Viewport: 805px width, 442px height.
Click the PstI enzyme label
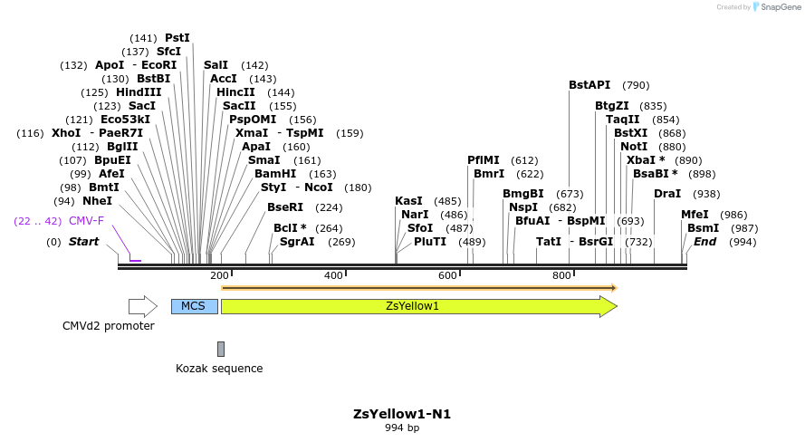click(x=177, y=38)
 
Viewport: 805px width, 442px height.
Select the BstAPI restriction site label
click(x=589, y=85)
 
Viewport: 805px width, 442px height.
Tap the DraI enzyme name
click(x=667, y=194)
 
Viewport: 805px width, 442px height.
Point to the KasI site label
click(x=409, y=201)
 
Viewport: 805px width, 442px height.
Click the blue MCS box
click(x=194, y=306)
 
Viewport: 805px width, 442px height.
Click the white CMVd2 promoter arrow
click(x=142, y=306)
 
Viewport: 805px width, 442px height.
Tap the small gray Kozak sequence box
click(x=220, y=349)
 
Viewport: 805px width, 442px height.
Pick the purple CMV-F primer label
click(x=86, y=221)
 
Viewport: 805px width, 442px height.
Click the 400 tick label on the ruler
click(x=333, y=275)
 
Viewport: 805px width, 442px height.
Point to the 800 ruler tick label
click(x=561, y=275)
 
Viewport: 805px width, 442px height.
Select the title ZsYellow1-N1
click(x=402, y=414)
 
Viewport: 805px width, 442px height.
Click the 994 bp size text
click(x=402, y=428)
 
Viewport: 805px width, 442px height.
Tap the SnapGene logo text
click(x=778, y=7)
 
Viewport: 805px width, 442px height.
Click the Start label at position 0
click(x=83, y=242)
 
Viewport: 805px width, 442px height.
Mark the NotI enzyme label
click(x=634, y=147)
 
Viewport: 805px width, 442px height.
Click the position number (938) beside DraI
click(x=706, y=194)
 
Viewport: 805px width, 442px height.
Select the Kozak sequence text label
click(x=219, y=369)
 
